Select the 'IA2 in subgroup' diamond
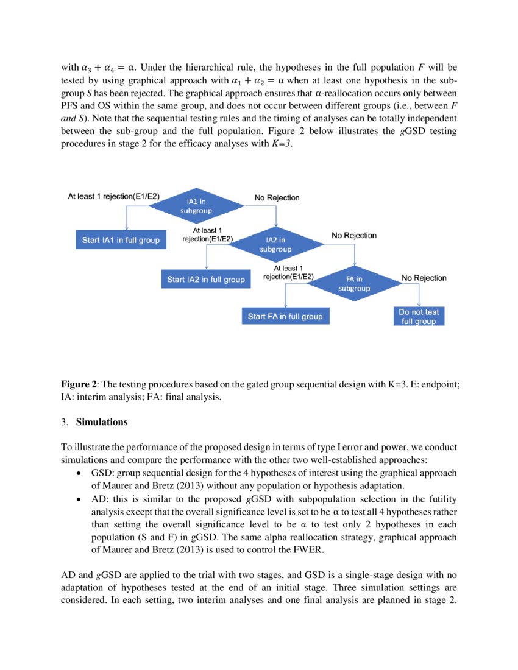pyautogui.click(x=275, y=244)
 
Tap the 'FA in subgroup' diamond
pyautogui.click(x=354, y=283)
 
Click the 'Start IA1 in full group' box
pyautogui.click(x=121, y=240)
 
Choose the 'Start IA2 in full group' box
pyautogui.click(x=206, y=280)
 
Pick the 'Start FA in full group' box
pyautogui.click(x=285, y=317)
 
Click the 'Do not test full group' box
pyautogui.click(x=419, y=316)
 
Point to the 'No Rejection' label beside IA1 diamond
pyautogui.click(x=277, y=197)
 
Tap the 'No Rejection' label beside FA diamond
pyautogui.click(x=424, y=278)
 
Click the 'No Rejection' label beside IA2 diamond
pyautogui.click(x=354, y=235)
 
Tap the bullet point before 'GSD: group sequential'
pyautogui.click(x=79, y=473)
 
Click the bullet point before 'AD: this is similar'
pyautogui.click(x=79, y=499)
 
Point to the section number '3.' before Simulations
pyautogui.click(x=65, y=422)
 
